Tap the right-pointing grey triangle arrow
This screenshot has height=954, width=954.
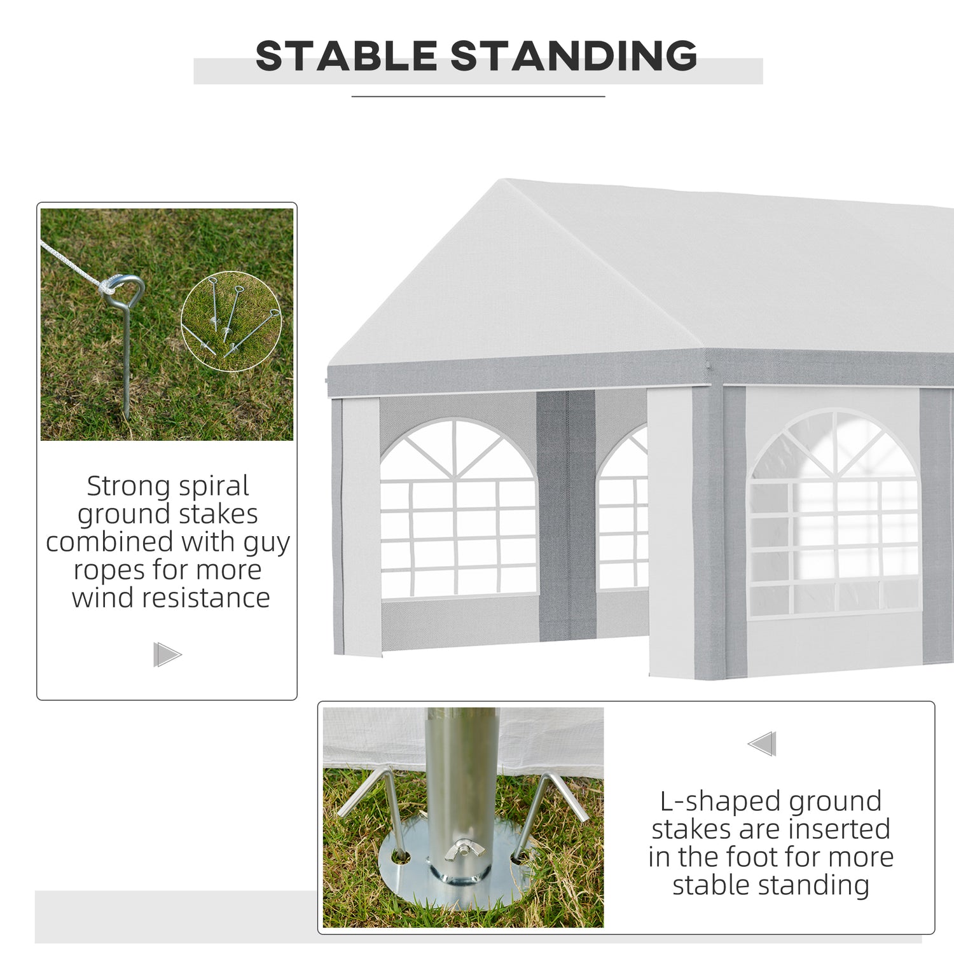(x=167, y=654)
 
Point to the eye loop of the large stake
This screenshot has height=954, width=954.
(x=127, y=291)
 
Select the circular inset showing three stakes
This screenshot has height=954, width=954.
(x=231, y=322)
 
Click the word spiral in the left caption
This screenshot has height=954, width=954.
(x=213, y=487)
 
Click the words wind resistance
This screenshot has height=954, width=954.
(x=171, y=598)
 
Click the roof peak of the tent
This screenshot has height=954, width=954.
(x=506, y=181)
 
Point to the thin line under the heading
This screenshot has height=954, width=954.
(x=478, y=97)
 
